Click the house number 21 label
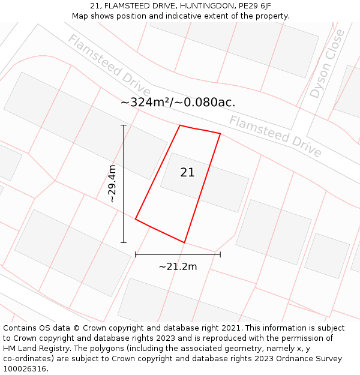point(187,172)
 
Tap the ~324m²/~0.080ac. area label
point(178,102)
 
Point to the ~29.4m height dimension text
point(112,183)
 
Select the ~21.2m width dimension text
point(178,266)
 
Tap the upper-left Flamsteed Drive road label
point(109,65)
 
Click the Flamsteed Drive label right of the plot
point(275,136)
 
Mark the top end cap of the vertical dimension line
point(124,125)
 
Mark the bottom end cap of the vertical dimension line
point(124,242)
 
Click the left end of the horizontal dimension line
point(136,254)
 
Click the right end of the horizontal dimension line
point(220,254)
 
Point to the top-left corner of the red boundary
point(180,125)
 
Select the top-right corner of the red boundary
point(220,134)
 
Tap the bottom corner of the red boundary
point(184,242)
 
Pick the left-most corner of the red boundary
point(136,220)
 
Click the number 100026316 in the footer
point(25,368)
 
